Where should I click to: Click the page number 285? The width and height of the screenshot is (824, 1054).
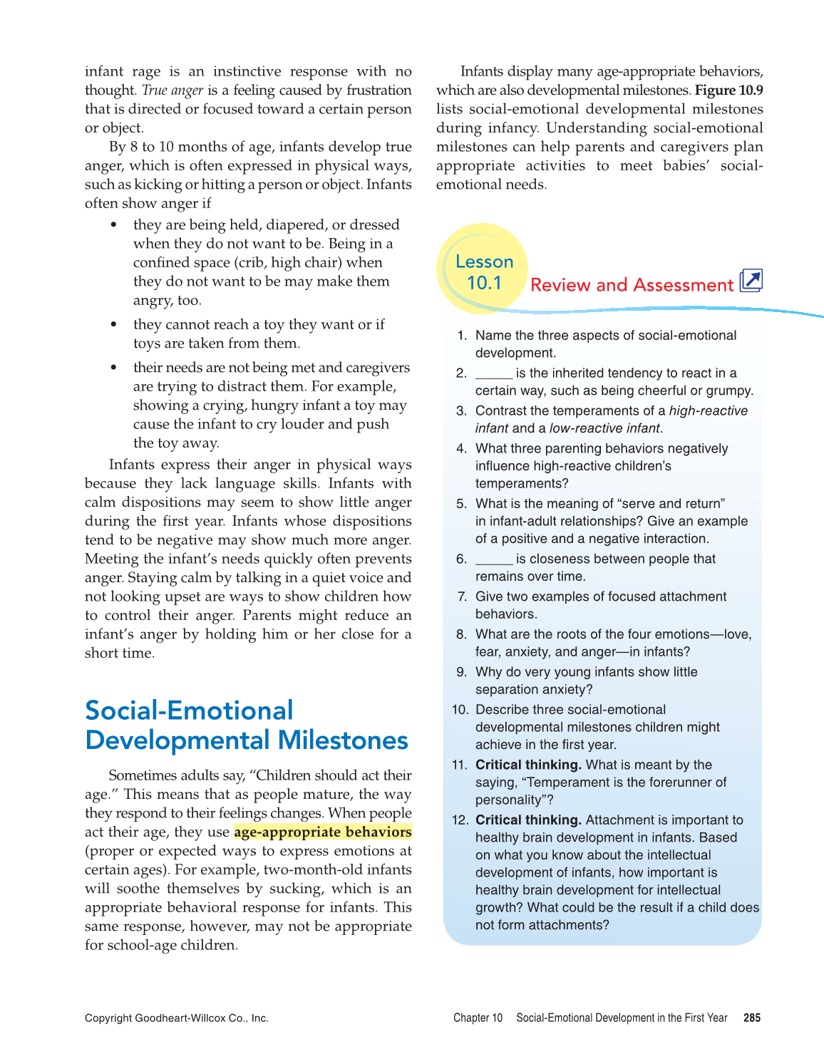click(x=751, y=1018)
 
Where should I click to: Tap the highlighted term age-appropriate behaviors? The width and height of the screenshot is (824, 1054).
click(x=322, y=832)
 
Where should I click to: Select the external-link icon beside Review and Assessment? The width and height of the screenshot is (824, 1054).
click(x=751, y=281)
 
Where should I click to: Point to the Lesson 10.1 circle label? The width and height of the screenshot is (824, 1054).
click(x=484, y=272)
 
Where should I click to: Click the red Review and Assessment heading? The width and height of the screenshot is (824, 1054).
click(x=632, y=285)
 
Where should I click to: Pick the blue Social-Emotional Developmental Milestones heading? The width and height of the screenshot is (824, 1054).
click(x=246, y=725)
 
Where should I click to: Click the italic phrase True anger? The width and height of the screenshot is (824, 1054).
click(x=172, y=91)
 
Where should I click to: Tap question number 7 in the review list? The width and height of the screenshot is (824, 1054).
click(x=462, y=596)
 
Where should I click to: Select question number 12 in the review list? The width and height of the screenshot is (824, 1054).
click(x=459, y=820)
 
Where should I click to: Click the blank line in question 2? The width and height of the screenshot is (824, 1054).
click(x=493, y=373)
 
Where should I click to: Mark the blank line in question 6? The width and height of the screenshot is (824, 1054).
click(x=493, y=559)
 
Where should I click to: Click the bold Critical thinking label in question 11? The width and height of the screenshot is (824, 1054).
click(x=528, y=765)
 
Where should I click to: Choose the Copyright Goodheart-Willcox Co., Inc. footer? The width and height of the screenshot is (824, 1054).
click(x=176, y=1018)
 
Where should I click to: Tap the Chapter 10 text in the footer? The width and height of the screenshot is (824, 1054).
click(x=478, y=1018)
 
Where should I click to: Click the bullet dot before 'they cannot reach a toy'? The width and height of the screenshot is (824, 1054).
click(x=113, y=324)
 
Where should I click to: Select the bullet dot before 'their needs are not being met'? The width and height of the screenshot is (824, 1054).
click(x=113, y=368)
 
